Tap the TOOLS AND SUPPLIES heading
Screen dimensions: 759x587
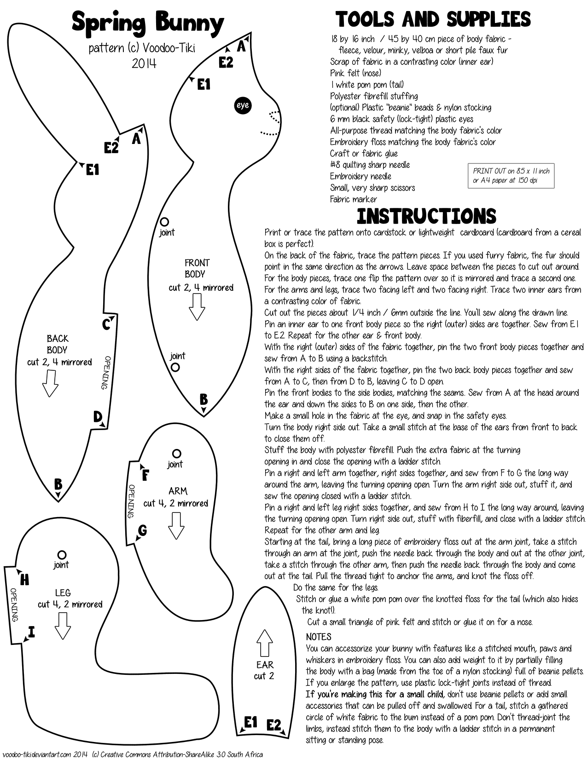433,20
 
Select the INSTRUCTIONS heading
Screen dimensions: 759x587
426,216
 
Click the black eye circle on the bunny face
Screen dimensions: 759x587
242,105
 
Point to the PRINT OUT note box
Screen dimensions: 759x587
511,175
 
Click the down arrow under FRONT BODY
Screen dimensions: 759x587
197,306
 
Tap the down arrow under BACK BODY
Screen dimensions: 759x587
50,383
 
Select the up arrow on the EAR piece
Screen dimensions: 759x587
264,643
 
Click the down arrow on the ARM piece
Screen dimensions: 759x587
176,525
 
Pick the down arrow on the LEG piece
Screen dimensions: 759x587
62,626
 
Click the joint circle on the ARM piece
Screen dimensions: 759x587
176,454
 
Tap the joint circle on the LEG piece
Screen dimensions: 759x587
62,555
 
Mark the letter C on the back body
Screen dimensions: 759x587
106,324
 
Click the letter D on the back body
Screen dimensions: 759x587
98,417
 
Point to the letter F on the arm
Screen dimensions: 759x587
145,475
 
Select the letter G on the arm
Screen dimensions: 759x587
142,530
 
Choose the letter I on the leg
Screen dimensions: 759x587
31,632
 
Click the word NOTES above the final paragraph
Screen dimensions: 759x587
319,637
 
